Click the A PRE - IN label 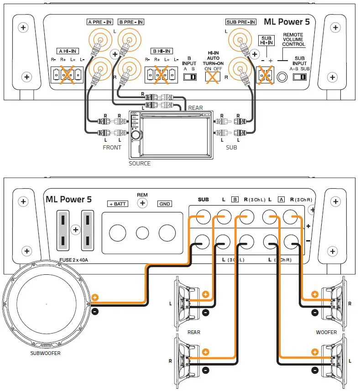99,22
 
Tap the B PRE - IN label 130,22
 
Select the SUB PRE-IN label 241,22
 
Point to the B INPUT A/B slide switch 189,77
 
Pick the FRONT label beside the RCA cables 112,147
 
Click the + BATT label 117,204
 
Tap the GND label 165,204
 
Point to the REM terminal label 142,195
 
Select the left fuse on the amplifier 63,231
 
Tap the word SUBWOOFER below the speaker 45,353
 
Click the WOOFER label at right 326,332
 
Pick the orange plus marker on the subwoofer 95,297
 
